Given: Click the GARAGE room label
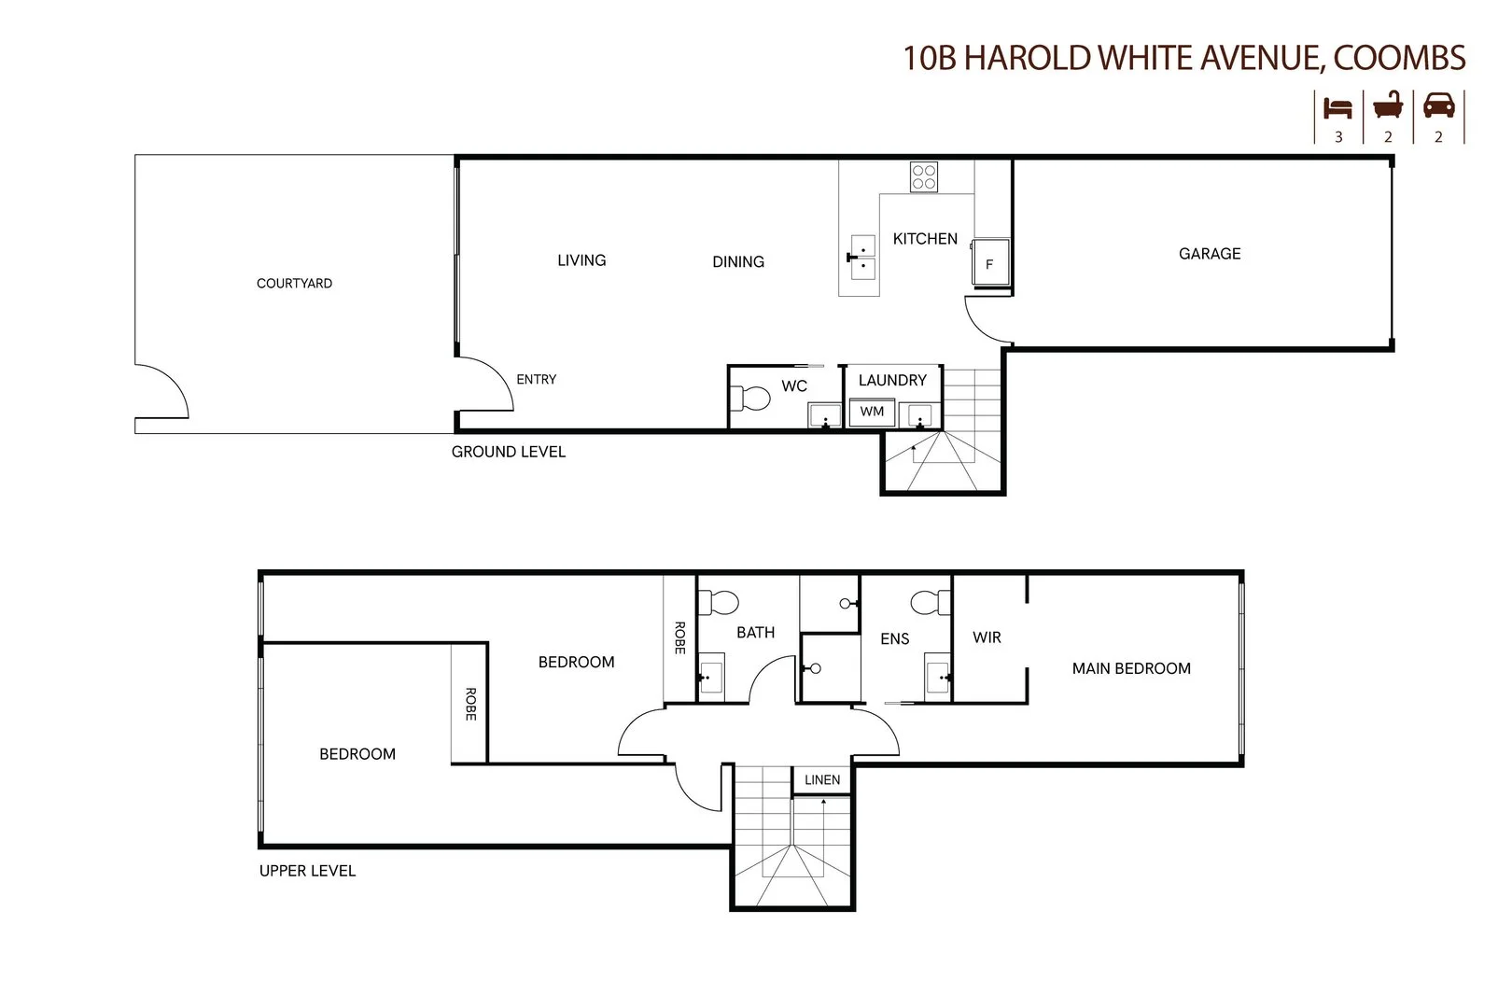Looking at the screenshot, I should click(1210, 254).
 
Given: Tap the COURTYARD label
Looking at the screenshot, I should click(294, 284).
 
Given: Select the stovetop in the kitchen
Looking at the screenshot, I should click(924, 176).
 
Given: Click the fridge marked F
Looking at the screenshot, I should click(989, 259).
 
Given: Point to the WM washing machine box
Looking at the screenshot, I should click(872, 412).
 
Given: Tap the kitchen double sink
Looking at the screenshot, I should click(863, 258).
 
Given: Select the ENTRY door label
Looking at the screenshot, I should click(536, 380).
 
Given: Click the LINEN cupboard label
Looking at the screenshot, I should click(822, 780).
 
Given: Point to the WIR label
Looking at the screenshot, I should click(987, 637).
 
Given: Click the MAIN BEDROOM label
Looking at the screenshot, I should click(1131, 668).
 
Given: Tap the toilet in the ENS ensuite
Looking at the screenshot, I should click(929, 602).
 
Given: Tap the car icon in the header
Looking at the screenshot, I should click(1438, 105).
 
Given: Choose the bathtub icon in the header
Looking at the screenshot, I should click(1389, 105).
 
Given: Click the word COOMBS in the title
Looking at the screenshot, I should click(1399, 58).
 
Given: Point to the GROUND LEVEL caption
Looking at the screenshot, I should click(509, 452).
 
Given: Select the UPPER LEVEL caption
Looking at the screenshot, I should click(307, 871).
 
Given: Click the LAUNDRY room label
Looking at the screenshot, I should click(892, 381).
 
